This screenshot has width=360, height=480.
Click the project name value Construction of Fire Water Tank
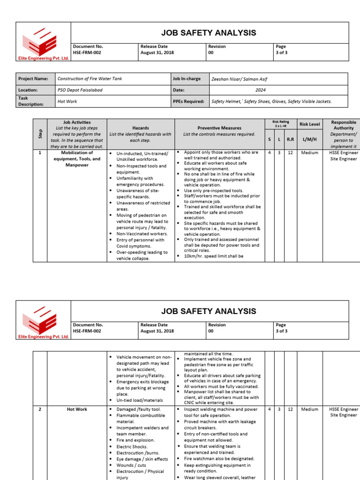coord(90,79)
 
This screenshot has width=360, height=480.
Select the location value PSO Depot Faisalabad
coord(80,90)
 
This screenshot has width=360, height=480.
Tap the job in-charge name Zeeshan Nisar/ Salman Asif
coord(239,79)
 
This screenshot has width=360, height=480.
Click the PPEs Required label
coord(188,101)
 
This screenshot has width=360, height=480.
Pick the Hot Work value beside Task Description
coord(67,101)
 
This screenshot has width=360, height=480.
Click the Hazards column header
coord(141,127)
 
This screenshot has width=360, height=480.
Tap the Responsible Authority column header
coord(344,125)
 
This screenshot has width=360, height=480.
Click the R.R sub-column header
coord(290,140)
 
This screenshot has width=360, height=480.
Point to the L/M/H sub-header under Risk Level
coord(309,140)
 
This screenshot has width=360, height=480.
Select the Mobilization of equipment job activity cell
coord(77,159)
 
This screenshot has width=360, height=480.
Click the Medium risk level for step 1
coord(309,153)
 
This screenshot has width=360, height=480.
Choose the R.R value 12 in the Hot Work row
coord(290,409)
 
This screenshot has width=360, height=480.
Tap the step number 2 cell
coord(40,409)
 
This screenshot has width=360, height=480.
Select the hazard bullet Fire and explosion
coord(135,440)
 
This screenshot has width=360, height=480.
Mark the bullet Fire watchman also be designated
coord(219,458)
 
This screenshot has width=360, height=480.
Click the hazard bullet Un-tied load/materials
coord(139,400)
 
